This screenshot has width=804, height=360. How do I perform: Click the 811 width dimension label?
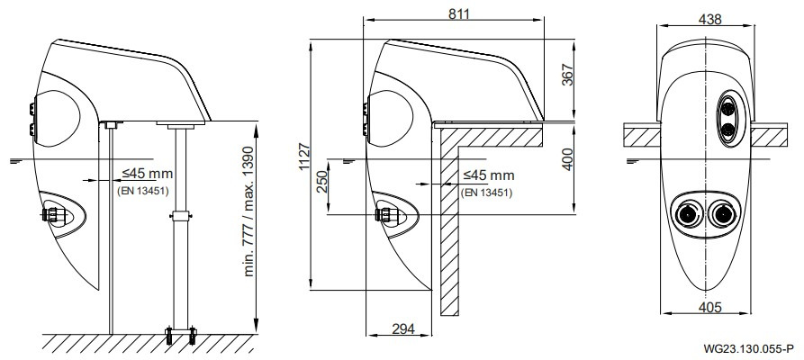(459, 13)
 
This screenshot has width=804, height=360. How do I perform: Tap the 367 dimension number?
(567, 75)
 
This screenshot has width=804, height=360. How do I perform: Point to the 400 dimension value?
(565, 159)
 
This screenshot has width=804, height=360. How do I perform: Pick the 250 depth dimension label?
(321, 181)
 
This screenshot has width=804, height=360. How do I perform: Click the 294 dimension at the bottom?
(403, 328)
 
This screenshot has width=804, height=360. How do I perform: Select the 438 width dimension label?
(710, 19)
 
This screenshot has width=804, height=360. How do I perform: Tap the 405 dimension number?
(710, 307)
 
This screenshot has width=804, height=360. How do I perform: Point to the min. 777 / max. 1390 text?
(249, 211)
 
